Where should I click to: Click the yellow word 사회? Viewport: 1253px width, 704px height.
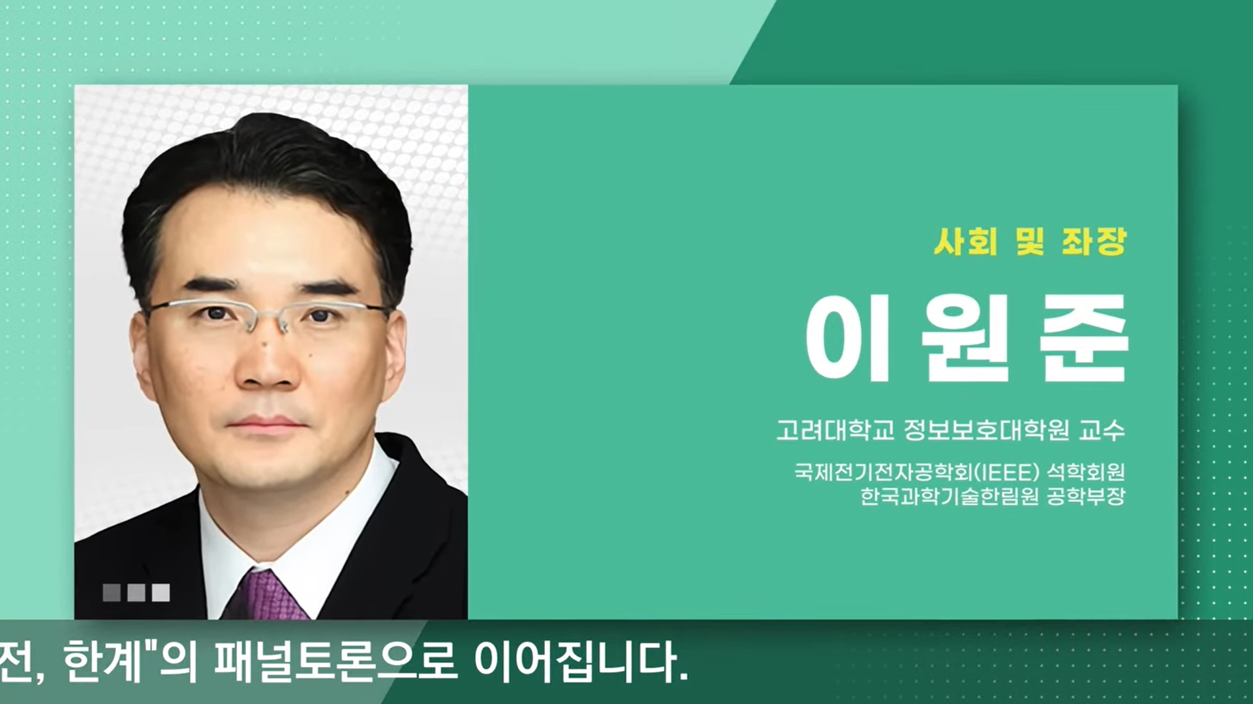tap(966, 242)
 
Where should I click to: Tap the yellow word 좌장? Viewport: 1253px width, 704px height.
tap(1094, 242)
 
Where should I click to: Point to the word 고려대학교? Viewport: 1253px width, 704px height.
tap(835, 430)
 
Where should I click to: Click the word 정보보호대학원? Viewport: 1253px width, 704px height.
tap(986, 430)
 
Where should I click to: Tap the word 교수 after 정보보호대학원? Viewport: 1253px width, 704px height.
tap(1102, 430)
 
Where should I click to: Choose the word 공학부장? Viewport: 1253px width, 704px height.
tap(1086, 497)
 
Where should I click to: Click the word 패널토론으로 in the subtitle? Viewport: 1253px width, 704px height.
tap(335, 662)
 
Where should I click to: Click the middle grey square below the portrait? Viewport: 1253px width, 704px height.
tap(136, 592)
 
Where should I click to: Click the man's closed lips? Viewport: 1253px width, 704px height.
tap(266, 425)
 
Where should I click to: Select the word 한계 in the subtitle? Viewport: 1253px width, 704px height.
tap(102, 662)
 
